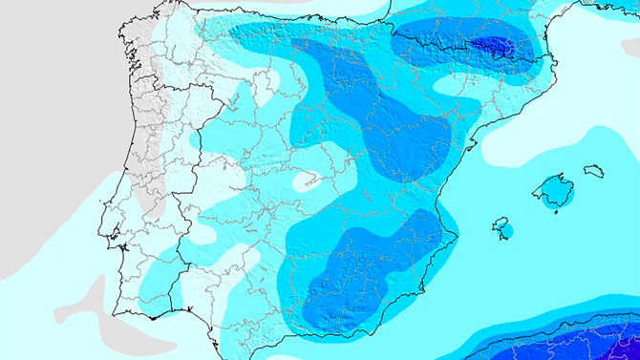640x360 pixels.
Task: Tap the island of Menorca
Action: click(594, 172)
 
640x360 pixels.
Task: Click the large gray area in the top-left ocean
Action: click(57, 76)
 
